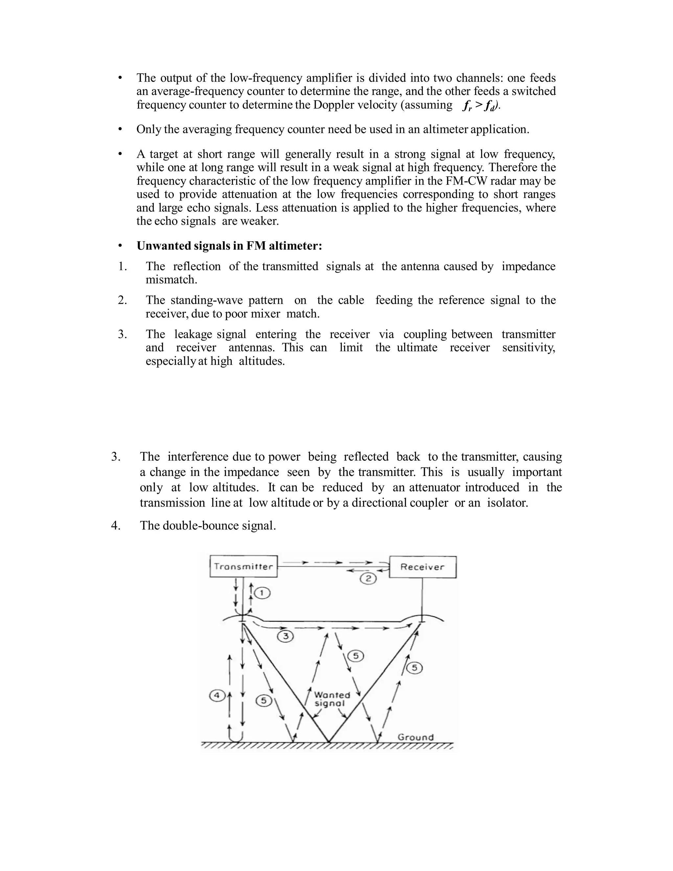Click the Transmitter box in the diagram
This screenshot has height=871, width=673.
(x=243, y=566)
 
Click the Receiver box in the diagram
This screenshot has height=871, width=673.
(x=422, y=567)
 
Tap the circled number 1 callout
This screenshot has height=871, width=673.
(x=262, y=593)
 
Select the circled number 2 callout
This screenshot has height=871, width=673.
(x=368, y=578)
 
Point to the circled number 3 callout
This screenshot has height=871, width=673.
(x=286, y=636)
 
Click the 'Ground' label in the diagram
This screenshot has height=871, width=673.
(x=415, y=737)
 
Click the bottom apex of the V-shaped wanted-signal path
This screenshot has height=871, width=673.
(x=329, y=742)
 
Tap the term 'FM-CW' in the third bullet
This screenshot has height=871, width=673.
(x=451, y=181)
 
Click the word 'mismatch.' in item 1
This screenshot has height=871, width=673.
(x=172, y=280)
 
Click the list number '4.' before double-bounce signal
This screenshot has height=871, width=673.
(x=116, y=526)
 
